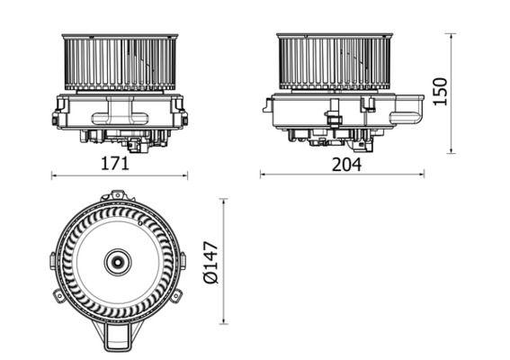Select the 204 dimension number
click(345, 164)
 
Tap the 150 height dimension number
click(440, 91)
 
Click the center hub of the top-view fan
click(117, 263)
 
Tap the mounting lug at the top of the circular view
click(117, 194)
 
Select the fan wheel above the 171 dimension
click(119, 63)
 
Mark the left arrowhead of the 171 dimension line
click(53, 175)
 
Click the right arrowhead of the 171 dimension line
click(186, 175)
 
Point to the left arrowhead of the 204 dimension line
click(263, 175)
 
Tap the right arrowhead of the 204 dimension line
click(423, 175)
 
